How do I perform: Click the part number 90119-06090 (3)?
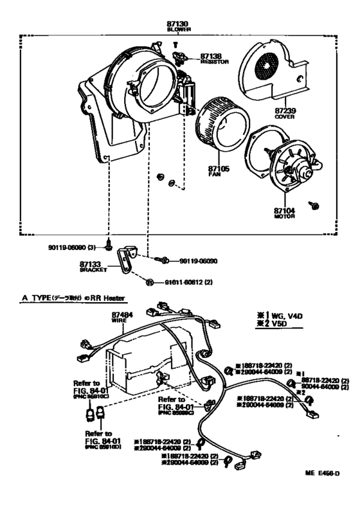point(75,246)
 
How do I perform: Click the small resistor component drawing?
point(182,58)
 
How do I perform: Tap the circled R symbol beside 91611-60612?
point(149,282)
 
